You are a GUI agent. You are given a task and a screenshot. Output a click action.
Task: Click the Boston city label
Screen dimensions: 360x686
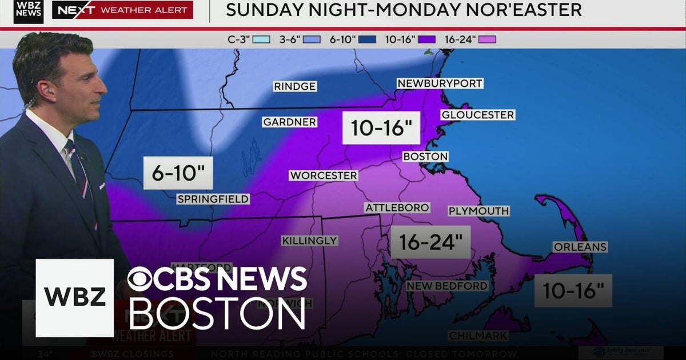(x=425, y=156)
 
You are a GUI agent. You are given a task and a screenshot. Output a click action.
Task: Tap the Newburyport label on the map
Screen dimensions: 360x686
(x=440, y=83)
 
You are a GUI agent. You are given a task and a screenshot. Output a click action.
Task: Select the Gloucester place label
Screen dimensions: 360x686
(x=477, y=115)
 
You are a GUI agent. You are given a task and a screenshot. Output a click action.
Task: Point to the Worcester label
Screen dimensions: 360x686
(x=323, y=175)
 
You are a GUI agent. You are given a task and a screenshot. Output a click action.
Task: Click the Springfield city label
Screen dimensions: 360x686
(x=213, y=199)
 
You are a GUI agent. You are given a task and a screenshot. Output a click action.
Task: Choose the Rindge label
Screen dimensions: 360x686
(x=294, y=86)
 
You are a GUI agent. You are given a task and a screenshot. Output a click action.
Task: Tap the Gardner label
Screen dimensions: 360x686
(x=289, y=122)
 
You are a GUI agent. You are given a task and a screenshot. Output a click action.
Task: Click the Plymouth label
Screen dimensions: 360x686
(x=478, y=211)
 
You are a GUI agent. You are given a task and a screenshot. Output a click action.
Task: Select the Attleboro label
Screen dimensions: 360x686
(x=397, y=207)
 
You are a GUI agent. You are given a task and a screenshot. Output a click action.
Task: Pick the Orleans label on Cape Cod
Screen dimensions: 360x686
(x=579, y=247)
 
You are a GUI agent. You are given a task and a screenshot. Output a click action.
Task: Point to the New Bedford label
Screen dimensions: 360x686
(x=446, y=286)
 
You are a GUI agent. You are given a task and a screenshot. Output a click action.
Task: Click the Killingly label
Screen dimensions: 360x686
(x=309, y=241)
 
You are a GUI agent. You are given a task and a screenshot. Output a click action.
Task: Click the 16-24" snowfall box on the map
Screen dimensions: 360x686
(x=430, y=242)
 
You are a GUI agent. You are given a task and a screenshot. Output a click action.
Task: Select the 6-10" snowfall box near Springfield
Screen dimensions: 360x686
(x=178, y=173)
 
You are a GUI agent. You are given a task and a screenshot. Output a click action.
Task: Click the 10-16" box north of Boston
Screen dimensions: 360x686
(x=381, y=128)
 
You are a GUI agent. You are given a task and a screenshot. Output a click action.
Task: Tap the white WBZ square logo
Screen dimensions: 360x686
(x=75, y=298)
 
